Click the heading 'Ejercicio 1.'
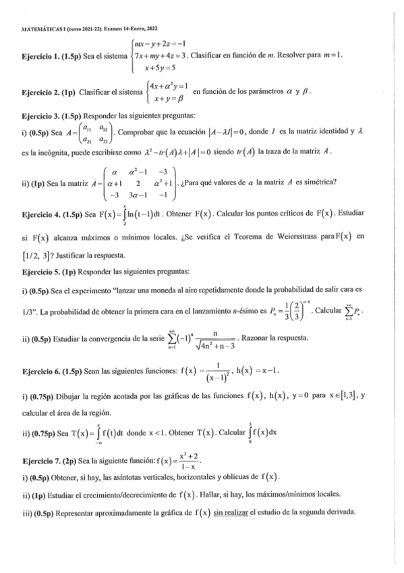[x=40, y=55]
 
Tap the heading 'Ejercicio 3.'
[x=40, y=116]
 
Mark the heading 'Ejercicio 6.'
[x=40, y=373]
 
